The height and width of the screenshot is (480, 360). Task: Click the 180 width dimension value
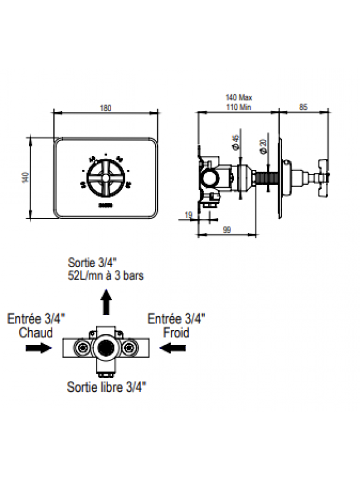click(x=106, y=107)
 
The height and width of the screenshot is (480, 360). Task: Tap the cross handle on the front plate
click(x=106, y=177)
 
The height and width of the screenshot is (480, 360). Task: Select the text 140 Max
click(x=238, y=97)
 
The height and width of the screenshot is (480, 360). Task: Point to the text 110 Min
click(x=238, y=106)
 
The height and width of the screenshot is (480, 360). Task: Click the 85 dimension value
click(x=303, y=107)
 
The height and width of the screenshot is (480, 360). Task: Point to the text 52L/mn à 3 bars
click(x=106, y=276)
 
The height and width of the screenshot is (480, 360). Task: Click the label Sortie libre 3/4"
click(x=106, y=386)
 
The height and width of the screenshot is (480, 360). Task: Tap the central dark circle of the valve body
click(x=106, y=347)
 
